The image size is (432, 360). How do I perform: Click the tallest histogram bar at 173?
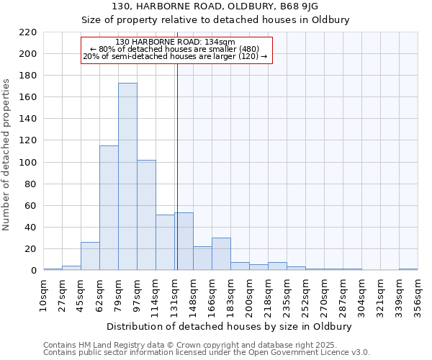(x=127, y=176)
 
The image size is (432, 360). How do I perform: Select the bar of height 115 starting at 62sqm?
(x=109, y=208)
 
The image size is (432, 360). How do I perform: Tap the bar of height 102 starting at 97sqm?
(x=146, y=215)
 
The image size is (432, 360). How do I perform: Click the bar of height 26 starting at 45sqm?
(x=90, y=256)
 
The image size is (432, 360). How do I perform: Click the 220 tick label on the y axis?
(x=27, y=32)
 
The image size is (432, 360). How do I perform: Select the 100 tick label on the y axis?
(x=27, y=163)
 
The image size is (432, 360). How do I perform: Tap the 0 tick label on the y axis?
(x=33, y=271)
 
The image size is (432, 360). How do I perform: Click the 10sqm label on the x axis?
(x=43, y=295)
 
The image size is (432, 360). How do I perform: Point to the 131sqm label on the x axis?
(x=174, y=295)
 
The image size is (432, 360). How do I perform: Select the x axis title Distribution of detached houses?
(x=230, y=326)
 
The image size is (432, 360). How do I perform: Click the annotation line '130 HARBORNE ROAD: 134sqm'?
(x=175, y=42)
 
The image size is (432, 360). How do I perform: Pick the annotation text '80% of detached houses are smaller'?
(x=175, y=49)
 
